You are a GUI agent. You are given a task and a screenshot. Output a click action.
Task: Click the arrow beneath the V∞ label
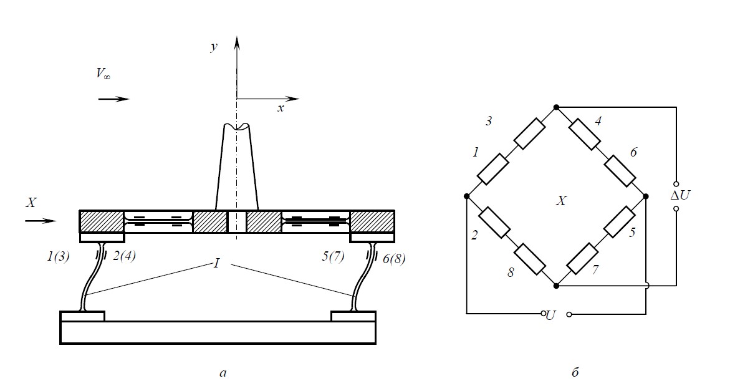pos(114,99)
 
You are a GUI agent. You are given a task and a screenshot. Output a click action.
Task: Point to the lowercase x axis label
pos(281,109)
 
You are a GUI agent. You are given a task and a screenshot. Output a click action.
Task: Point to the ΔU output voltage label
pos(680,195)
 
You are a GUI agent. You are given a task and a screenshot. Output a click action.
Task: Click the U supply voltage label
pos(550,315)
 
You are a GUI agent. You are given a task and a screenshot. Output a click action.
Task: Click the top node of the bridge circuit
pos(556,107)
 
